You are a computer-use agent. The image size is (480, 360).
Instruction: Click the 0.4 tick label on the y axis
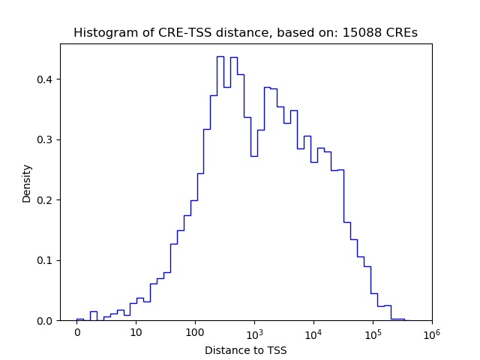tap(47, 79)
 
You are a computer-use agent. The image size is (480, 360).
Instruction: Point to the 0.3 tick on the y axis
tap(47, 140)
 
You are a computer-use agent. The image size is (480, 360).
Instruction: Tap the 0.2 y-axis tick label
tap(47, 200)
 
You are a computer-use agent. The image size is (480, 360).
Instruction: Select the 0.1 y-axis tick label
tap(47, 261)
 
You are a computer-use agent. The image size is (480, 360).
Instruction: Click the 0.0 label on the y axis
tap(47, 321)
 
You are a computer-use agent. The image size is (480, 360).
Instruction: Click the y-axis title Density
tap(27, 183)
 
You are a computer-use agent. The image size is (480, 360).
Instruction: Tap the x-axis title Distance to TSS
tap(246, 349)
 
